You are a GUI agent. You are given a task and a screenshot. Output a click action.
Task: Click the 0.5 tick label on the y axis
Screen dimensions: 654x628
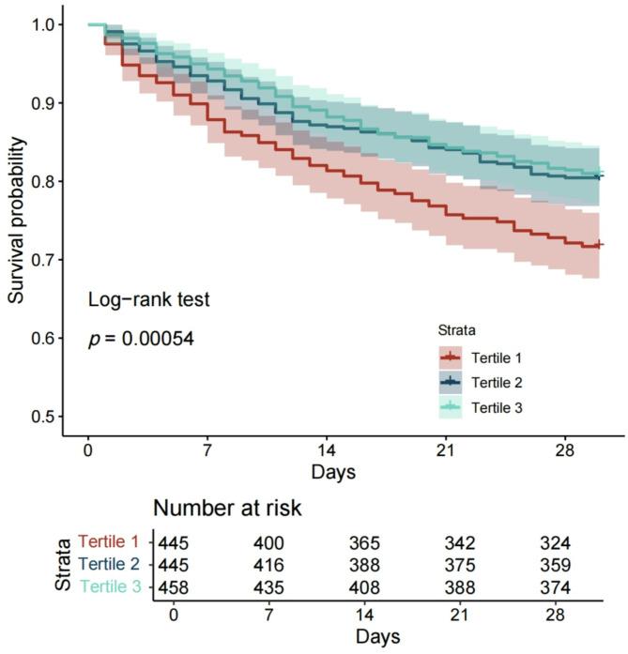point(41,417)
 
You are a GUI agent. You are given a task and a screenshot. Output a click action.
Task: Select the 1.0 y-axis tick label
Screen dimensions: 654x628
point(41,23)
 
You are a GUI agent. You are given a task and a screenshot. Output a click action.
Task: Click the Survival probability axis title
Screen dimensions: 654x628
point(16,220)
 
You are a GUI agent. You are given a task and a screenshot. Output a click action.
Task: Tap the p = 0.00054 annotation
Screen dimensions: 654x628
point(141,339)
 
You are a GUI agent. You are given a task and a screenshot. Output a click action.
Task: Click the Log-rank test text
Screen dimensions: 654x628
point(148,300)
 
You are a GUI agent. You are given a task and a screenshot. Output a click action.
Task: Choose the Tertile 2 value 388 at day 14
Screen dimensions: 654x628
point(365,564)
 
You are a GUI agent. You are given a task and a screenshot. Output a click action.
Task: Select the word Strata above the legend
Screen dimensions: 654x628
point(457,330)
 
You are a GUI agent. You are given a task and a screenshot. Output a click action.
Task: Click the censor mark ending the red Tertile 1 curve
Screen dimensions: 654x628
point(599,245)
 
